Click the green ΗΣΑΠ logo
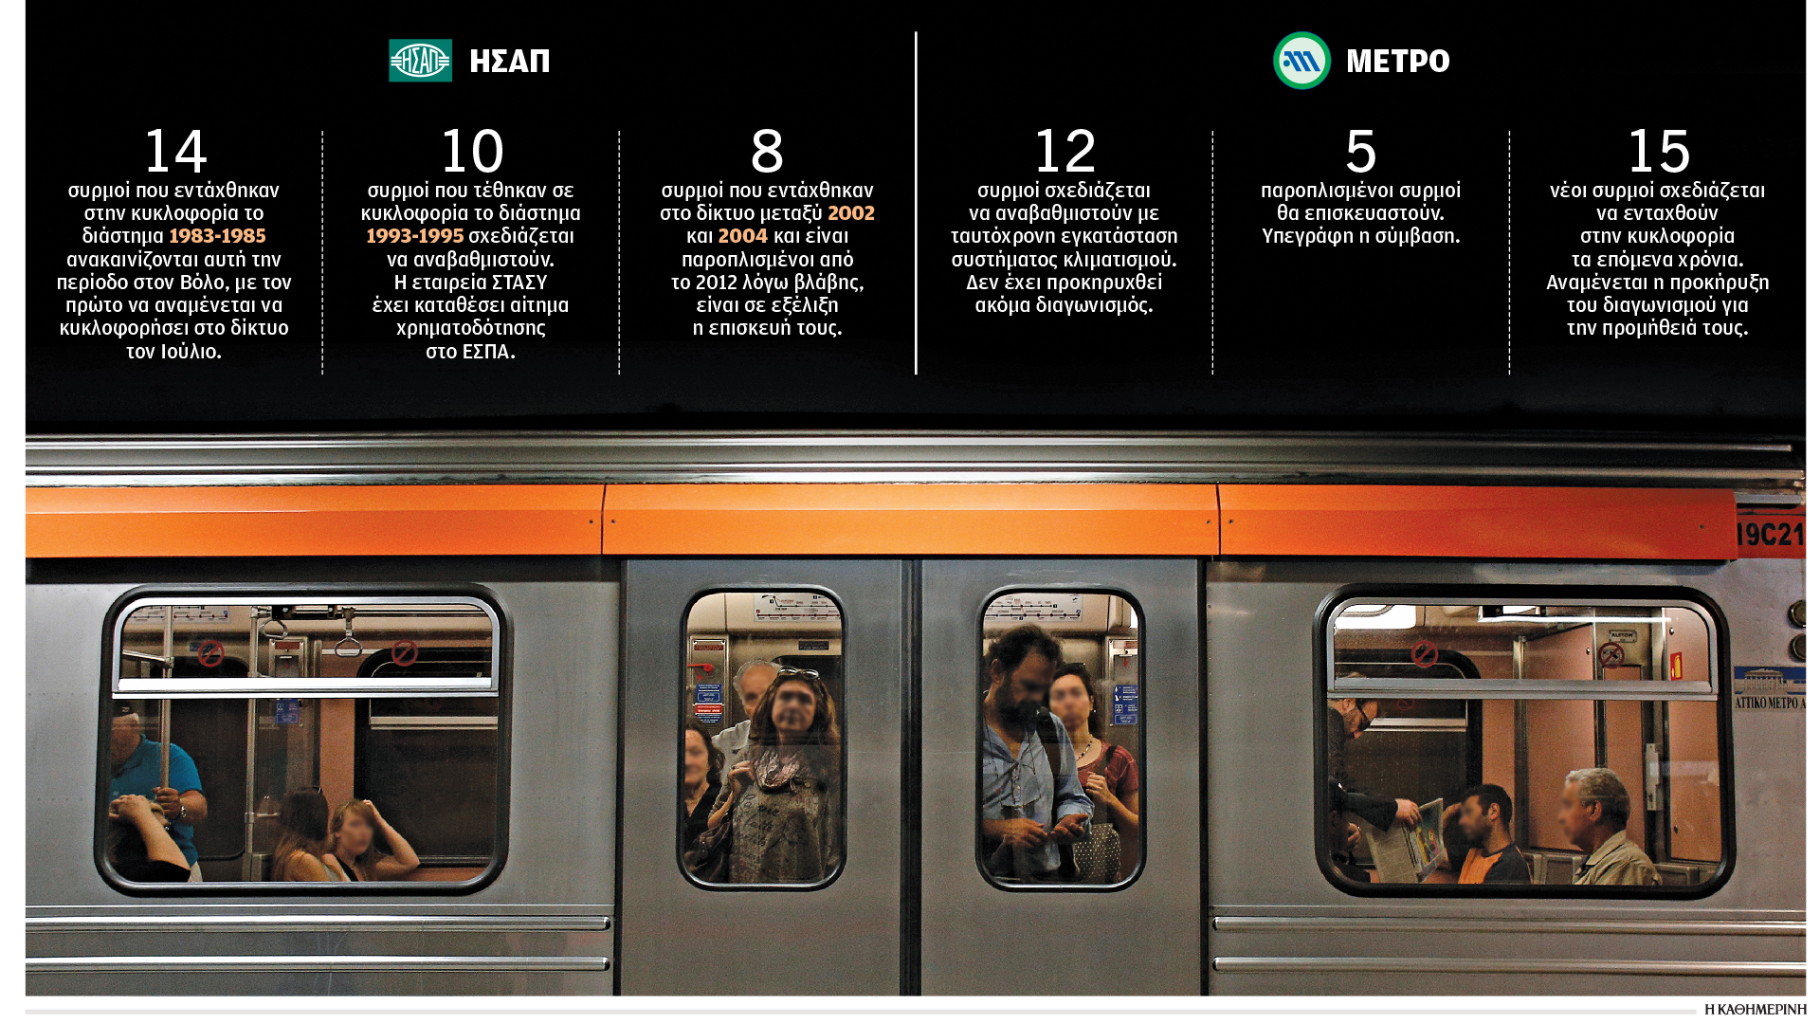(420, 61)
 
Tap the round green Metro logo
(1301, 61)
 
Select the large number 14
(175, 151)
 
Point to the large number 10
(472, 151)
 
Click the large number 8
(767, 151)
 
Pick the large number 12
(1065, 151)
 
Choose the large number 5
(1360, 151)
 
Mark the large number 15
(1658, 151)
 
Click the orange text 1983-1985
(217, 236)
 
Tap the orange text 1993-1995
(415, 236)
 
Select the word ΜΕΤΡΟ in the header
(1398, 62)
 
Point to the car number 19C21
(1769, 535)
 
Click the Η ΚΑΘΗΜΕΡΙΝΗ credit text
(1755, 1010)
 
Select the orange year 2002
(851, 213)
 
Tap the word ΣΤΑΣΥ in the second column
(519, 283)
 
